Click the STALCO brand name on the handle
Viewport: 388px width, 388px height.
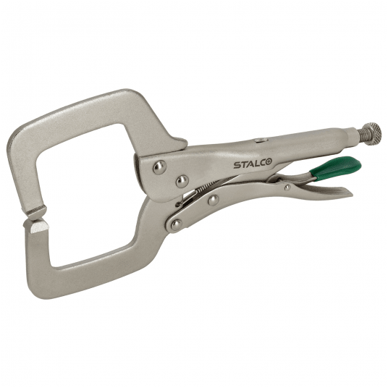pyautogui.click(x=252, y=164)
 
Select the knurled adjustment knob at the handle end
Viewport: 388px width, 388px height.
pyautogui.click(x=371, y=132)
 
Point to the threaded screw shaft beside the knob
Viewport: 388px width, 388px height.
pyautogui.click(x=356, y=135)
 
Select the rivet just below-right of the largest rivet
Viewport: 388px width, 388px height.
pyautogui.click(x=182, y=180)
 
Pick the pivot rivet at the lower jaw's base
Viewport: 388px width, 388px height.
pyautogui.click(x=176, y=224)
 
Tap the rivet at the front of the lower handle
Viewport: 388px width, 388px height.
pyautogui.click(x=214, y=200)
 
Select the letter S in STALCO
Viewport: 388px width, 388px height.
pyautogui.click(x=236, y=165)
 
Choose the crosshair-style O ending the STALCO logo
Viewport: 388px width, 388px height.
pyautogui.click(x=268, y=164)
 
